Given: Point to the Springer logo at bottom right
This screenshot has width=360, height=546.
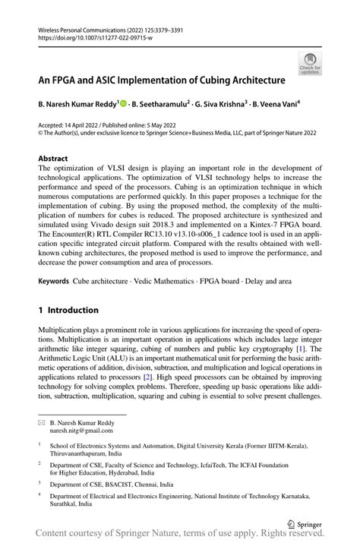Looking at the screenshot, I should coord(303,523).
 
